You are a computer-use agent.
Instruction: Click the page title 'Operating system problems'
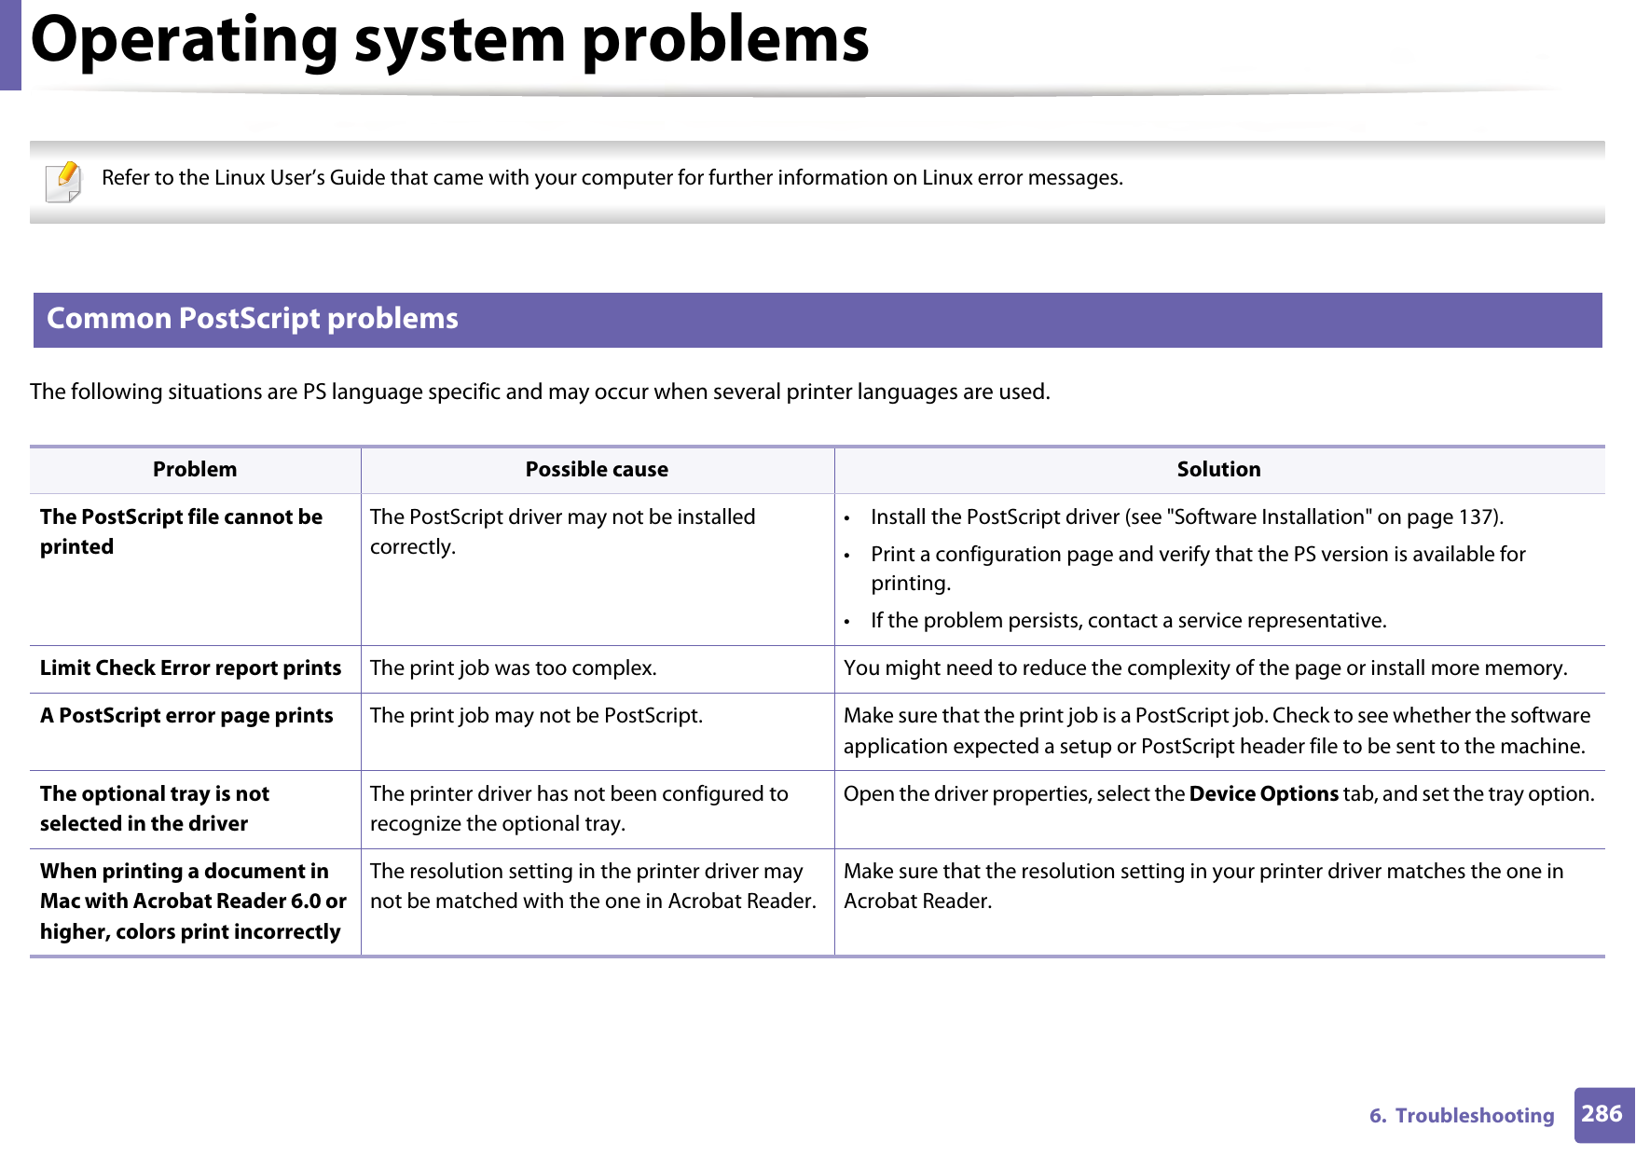(449, 41)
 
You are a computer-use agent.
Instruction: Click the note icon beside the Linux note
(63, 182)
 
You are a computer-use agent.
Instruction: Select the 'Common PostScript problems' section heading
(253, 319)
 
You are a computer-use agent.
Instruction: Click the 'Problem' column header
(195, 470)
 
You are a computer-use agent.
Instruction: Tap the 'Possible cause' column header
(597, 470)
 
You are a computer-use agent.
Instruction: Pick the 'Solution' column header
(1218, 470)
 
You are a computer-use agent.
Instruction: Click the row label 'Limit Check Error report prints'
(190, 668)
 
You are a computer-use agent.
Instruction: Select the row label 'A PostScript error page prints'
(186, 716)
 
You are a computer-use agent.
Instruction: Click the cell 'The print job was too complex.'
(513, 668)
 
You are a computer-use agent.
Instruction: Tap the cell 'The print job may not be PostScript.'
(536, 716)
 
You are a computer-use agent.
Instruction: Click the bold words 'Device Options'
(1263, 794)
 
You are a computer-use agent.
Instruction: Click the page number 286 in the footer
(1602, 1114)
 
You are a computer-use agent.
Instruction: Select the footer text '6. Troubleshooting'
(1461, 1116)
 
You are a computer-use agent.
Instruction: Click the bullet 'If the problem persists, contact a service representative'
(1128, 621)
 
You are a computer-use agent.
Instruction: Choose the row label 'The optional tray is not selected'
(155, 808)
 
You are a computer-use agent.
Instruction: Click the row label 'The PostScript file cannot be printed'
(181, 531)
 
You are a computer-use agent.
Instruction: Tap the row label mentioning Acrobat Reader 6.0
(192, 901)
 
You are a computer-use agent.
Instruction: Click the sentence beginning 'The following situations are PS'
(540, 392)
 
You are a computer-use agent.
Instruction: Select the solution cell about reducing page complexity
(1204, 668)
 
